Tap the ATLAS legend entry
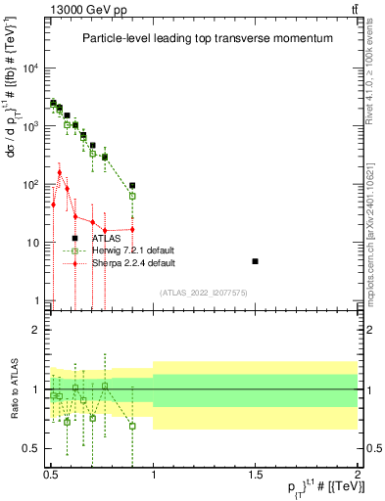[107, 238]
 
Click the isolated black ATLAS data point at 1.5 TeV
[255, 261]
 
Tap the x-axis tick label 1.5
[255, 473]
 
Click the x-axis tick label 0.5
[51, 473]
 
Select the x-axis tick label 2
[358, 473]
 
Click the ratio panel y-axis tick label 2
[35, 330]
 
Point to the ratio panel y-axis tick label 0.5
[31, 449]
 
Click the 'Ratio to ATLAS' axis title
[12, 390]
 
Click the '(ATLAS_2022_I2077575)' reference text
[205, 292]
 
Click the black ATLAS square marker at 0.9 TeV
[132, 185]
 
